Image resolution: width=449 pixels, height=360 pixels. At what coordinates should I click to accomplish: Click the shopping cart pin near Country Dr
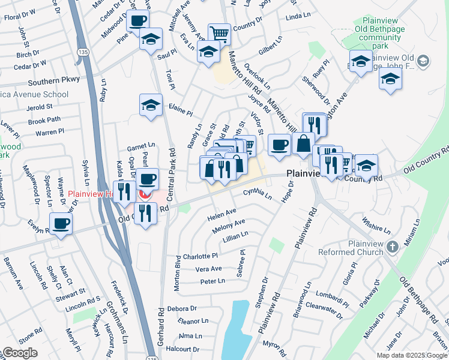[x=220, y=34]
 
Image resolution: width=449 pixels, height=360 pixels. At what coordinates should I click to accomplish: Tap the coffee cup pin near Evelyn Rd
[x=60, y=224]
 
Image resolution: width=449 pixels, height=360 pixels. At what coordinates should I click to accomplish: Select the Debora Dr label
[x=182, y=308]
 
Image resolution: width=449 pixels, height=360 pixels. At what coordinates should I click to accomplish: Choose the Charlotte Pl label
[x=203, y=256]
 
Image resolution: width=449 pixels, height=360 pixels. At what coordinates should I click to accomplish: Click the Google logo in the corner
[x=20, y=353]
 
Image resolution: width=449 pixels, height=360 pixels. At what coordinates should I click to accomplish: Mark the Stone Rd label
[x=30, y=331]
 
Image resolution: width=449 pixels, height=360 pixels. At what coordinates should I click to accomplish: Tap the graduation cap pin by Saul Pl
[x=150, y=40]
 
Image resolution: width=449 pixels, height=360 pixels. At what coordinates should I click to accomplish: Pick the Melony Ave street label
[x=228, y=226]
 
